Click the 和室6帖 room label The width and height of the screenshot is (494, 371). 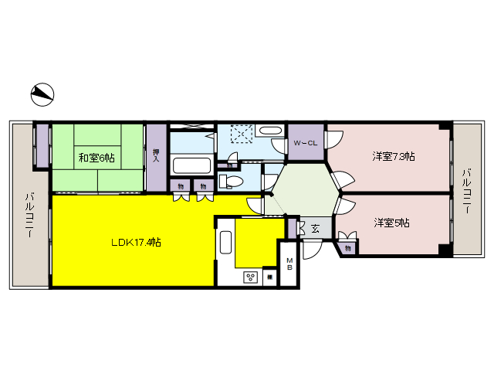click(96, 158)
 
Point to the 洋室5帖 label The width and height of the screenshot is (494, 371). click(392, 223)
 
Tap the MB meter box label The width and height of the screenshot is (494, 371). click(289, 264)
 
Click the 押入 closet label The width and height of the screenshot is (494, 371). click(157, 157)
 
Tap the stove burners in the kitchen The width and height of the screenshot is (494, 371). click(251, 277)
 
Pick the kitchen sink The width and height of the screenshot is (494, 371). click(225, 243)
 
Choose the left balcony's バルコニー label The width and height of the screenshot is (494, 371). click(29, 208)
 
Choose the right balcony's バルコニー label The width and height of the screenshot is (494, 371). click(466, 189)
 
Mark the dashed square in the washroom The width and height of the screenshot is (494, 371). click(242, 134)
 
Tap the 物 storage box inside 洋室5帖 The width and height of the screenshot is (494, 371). click(349, 248)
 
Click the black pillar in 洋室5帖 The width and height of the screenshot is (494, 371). click(444, 250)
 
